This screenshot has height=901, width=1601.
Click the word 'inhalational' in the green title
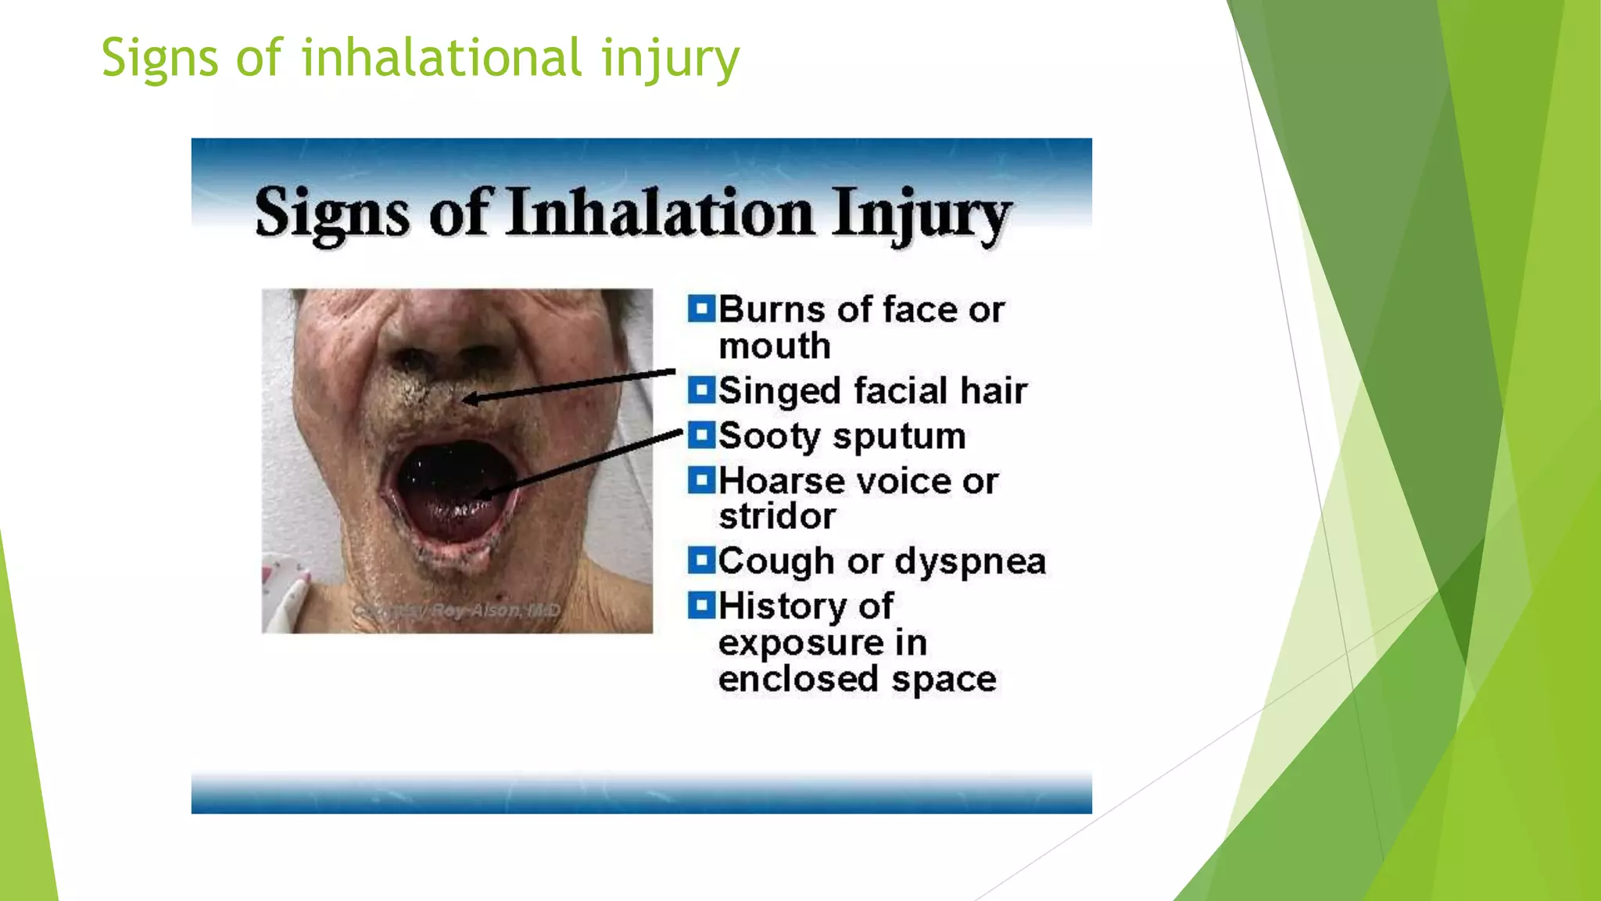coord(442,58)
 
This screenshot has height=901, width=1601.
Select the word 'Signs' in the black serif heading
coord(331,214)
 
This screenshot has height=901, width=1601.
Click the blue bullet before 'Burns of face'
coord(701,309)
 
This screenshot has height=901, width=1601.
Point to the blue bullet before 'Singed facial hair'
coord(701,389)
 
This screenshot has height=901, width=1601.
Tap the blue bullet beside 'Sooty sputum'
coord(701,435)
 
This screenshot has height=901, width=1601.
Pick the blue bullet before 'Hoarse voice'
coord(701,480)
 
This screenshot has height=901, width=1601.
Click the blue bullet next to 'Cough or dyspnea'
coord(701,560)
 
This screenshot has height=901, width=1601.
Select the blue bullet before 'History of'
coord(701,605)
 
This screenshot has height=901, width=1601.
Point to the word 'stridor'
coord(777,517)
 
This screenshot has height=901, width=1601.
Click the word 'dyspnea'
coord(970,562)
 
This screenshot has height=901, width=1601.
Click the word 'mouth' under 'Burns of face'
coord(774,346)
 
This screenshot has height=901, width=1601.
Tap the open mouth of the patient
coord(449,489)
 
